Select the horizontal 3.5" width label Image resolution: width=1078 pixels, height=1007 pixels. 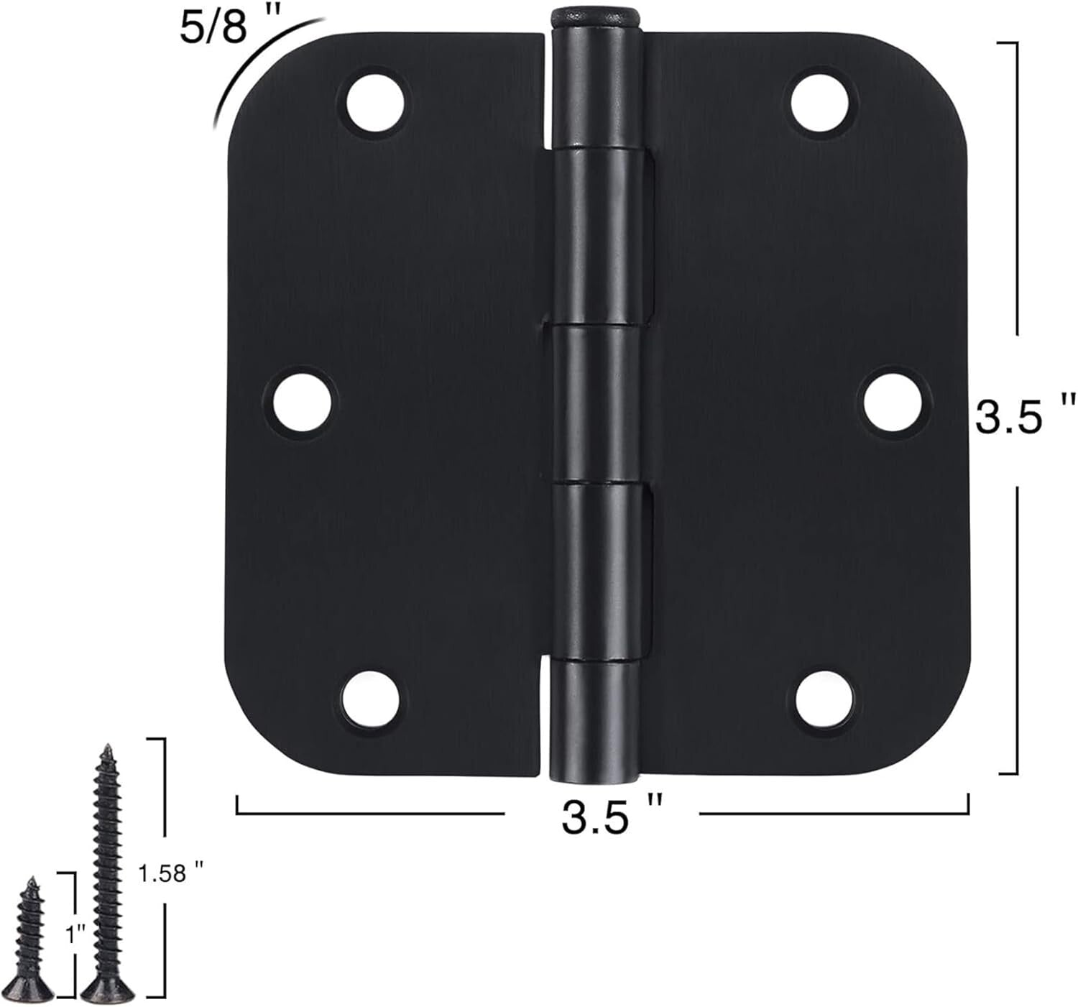tap(611, 817)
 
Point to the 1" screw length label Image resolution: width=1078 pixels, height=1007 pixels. tap(75, 935)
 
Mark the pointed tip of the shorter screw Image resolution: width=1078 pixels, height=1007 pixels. tap(31, 881)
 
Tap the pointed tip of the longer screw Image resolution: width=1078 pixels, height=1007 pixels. tap(106, 748)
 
